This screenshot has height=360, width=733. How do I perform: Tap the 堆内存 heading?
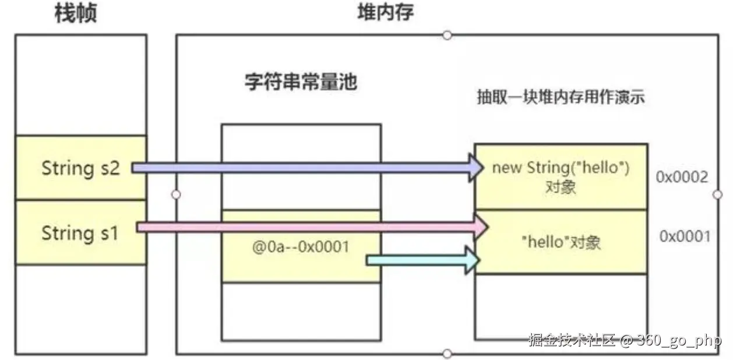point(385,12)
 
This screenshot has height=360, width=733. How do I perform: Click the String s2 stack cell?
point(80,168)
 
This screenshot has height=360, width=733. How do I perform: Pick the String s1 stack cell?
point(80,233)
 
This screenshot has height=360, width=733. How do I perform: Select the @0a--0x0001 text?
point(301,247)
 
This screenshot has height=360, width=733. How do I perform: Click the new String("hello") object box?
point(561,177)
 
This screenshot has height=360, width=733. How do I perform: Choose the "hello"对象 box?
point(561,242)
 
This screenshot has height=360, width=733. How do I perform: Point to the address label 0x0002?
point(682,177)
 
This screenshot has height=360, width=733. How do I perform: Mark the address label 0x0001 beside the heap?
point(685,236)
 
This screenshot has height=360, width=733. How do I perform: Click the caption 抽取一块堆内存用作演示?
point(561,97)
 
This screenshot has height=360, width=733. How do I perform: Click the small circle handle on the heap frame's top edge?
point(447,35)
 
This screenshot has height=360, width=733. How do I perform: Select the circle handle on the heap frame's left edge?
point(177,194)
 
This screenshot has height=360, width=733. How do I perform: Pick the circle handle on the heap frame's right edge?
point(717,194)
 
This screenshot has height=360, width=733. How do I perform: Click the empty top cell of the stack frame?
point(80,84)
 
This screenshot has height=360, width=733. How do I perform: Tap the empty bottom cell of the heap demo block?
point(561,306)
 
